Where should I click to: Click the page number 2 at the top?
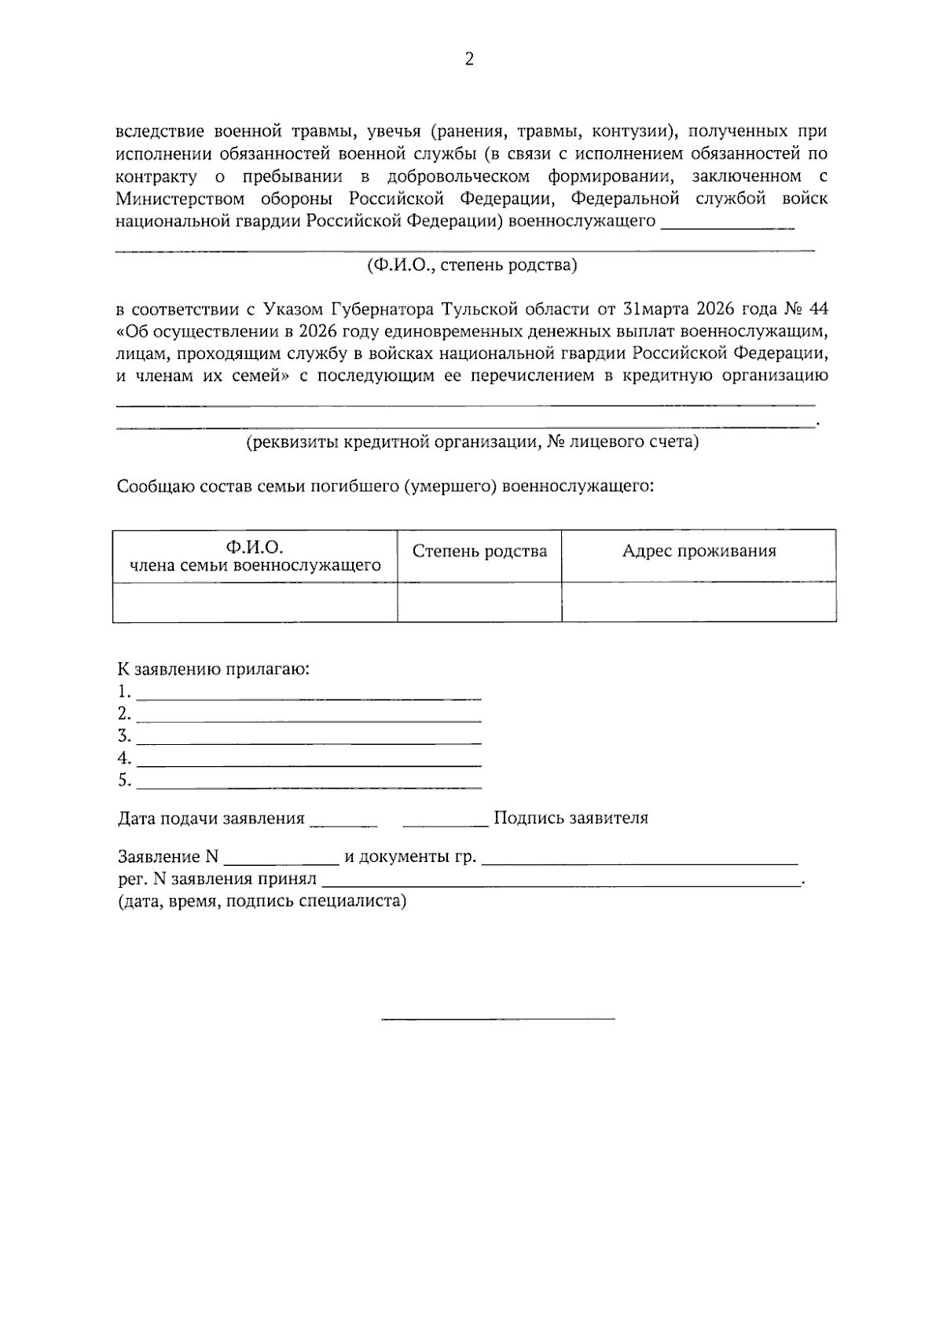click(470, 60)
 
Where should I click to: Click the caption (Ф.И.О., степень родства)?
click(472, 266)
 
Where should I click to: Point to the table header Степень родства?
click(479, 552)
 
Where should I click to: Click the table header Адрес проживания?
click(699, 552)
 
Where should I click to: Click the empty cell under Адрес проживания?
click(699, 603)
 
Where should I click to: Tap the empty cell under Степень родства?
click(479, 603)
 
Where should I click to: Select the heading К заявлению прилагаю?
click(213, 669)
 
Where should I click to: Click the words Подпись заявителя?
click(571, 819)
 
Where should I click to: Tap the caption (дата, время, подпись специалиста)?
click(262, 901)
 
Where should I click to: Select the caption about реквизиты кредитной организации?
click(472, 442)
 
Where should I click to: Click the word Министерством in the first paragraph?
click(169, 199)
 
